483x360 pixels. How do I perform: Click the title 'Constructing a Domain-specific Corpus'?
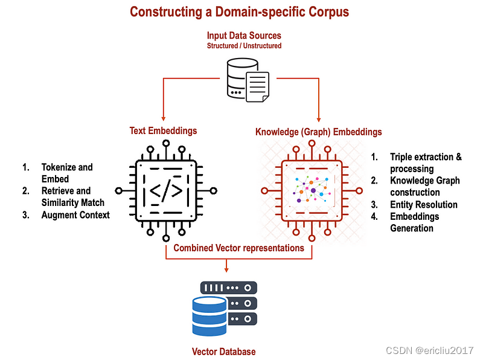[x=239, y=11]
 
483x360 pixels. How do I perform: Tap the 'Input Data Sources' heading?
[x=244, y=35]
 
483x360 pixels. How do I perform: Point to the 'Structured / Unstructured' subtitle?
[x=244, y=45]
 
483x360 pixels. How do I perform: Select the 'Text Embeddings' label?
[x=163, y=130]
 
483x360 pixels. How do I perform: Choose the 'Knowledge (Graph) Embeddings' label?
[x=318, y=132]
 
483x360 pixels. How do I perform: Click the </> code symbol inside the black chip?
[x=165, y=191]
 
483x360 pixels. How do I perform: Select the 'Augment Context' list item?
[x=75, y=214]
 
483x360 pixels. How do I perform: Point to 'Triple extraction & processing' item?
[x=425, y=163]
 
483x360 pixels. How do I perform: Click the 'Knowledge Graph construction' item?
[x=424, y=187]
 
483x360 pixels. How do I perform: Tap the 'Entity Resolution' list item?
[x=423, y=205]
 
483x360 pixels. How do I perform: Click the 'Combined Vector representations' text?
[x=238, y=248]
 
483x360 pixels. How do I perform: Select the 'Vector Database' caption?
[x=223, y=352]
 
